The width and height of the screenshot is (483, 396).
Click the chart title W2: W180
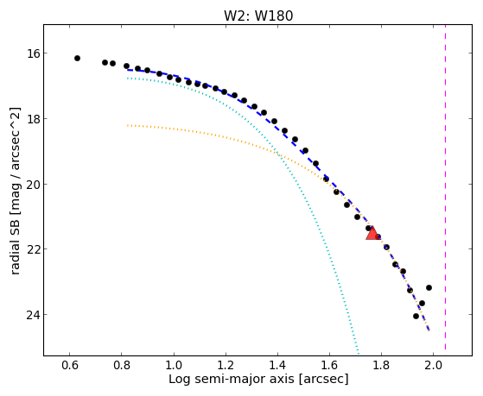click(x=258, y=16)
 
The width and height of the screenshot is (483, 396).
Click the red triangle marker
click(x=372, y=234)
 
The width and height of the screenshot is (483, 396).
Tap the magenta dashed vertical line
click(x=446, y=187)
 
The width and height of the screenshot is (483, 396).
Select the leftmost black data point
click(x=77, y=58)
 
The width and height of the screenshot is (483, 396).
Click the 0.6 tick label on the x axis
click(x=70, y=366)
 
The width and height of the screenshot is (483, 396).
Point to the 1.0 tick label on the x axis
click(x=174, y=366)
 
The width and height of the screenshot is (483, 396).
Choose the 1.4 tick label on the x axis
click(x=277, y=366)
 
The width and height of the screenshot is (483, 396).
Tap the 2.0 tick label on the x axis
click(x=433, y=366)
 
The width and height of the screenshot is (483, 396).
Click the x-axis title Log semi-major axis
click(x=232, y=379)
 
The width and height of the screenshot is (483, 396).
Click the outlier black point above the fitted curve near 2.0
click(x=429, y=287)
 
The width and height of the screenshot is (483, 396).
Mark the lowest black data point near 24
click(x=416, y=316)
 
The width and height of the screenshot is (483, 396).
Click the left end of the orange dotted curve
click(x=128, y=125)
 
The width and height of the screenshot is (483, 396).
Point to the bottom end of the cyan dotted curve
click(x=359, y=353)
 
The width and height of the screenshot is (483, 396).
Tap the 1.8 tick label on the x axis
click(x=381, y=366)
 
